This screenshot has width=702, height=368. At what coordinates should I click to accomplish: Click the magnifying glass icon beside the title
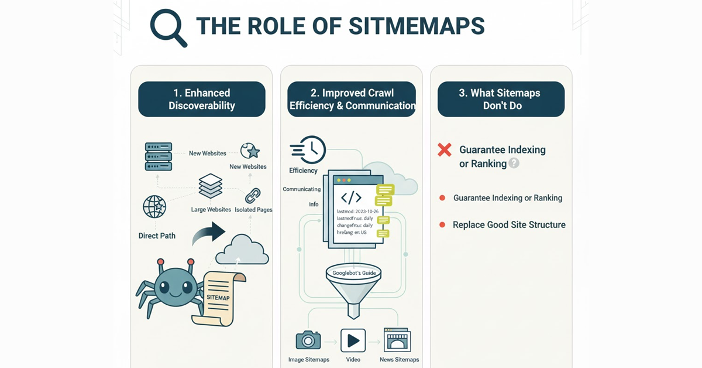[167, 27]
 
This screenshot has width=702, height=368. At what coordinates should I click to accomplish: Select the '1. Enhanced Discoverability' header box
[202, 99]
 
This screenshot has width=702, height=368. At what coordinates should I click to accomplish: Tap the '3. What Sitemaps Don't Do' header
[501, 99]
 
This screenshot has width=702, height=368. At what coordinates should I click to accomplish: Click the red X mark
[445, 150]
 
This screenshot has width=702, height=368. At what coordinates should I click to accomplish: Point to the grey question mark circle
[514, 163]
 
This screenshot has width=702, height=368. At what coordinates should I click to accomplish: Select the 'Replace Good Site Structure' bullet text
[509, 224]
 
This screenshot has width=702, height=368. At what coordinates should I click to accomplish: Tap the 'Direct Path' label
[157, 236]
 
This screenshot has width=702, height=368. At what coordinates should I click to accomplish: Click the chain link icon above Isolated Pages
[252, 195]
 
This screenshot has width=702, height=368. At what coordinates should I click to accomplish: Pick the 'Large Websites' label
[211, 209]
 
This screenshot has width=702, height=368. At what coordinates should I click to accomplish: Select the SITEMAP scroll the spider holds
[217, 297]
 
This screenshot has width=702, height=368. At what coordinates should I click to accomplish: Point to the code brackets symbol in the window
[351, 197]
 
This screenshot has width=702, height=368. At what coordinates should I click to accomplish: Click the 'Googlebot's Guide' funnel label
[353, 273]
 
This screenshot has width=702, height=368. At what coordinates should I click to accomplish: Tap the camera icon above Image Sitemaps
[308, 340]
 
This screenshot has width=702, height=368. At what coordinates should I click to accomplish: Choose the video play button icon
[353, 340]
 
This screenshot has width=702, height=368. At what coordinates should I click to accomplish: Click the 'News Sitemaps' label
[398, 359]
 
